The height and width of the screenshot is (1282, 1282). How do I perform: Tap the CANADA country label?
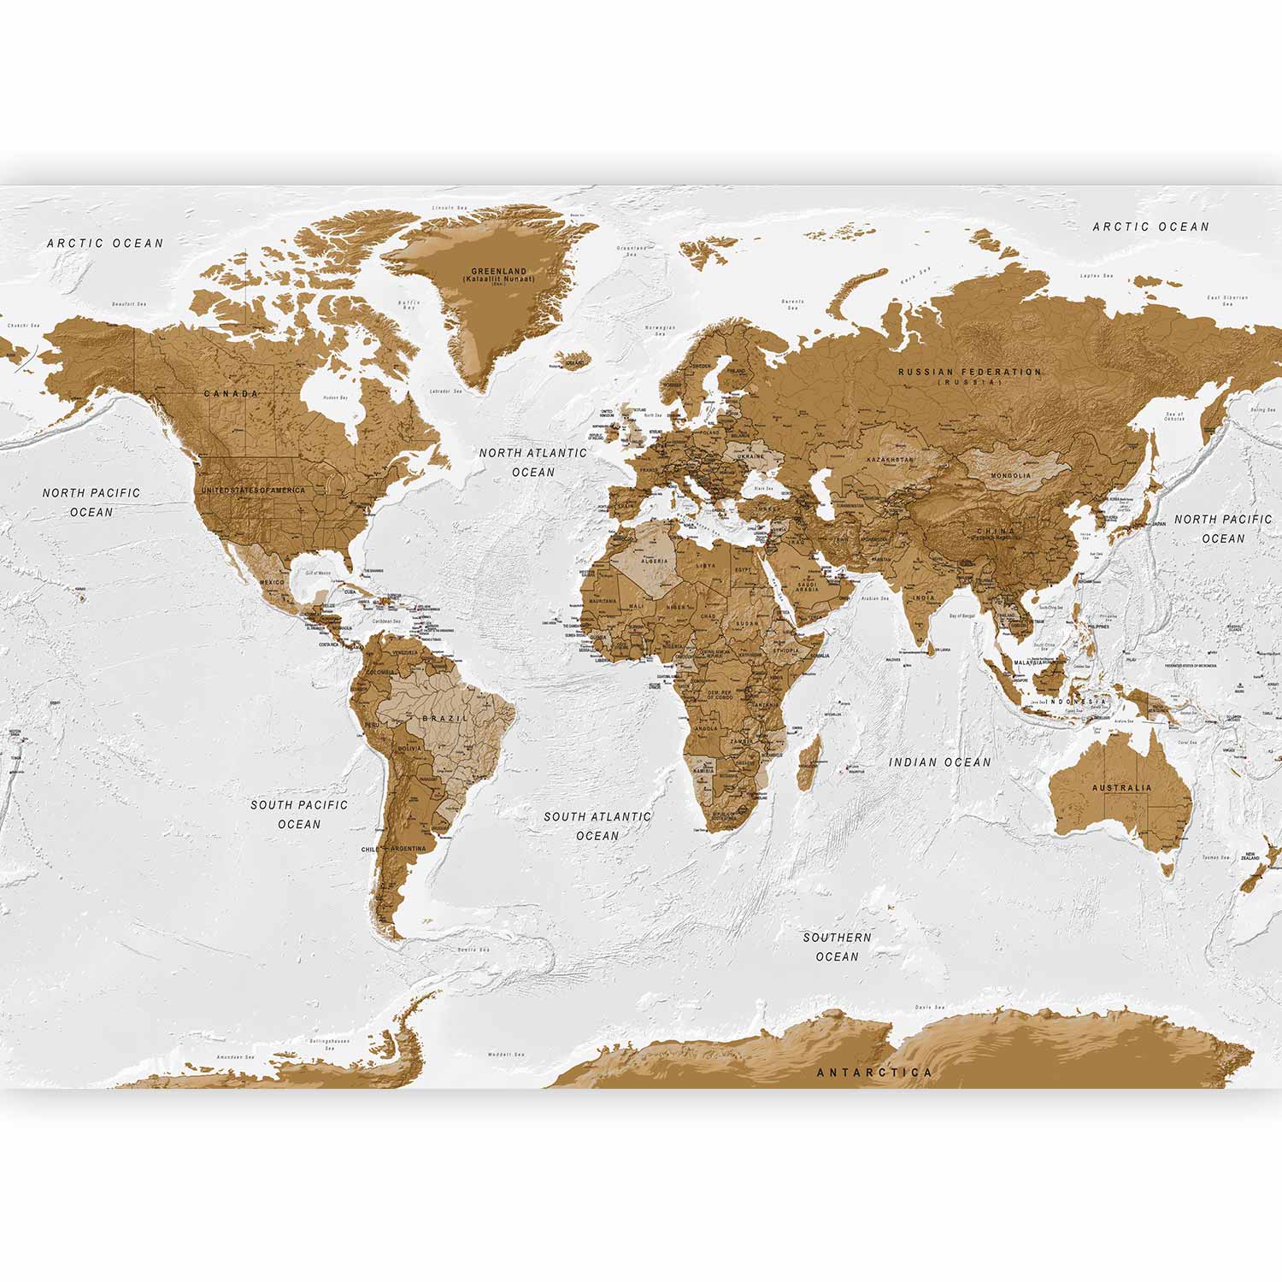231,394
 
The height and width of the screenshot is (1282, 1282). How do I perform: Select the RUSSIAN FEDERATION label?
970,373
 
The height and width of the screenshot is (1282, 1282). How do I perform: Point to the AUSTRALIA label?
1121,788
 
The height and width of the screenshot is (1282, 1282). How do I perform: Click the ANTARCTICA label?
874,1072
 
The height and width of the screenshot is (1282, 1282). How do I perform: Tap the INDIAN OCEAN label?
940,762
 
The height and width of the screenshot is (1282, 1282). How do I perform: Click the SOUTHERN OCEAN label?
838,947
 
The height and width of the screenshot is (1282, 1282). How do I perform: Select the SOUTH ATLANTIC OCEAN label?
597,826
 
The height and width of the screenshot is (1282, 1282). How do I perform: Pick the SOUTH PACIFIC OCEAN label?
299,814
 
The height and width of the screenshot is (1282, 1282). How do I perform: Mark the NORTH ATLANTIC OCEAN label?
533,462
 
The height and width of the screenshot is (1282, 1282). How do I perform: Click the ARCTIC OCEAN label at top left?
105,244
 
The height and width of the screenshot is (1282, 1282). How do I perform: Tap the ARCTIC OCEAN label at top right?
1151,226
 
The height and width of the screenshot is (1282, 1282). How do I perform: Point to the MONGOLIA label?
1011,475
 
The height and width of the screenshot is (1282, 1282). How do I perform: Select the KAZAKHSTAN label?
890,460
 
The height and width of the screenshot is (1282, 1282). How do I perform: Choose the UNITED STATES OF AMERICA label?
253,491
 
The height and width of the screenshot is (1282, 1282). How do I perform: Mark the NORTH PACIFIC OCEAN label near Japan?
1223,528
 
